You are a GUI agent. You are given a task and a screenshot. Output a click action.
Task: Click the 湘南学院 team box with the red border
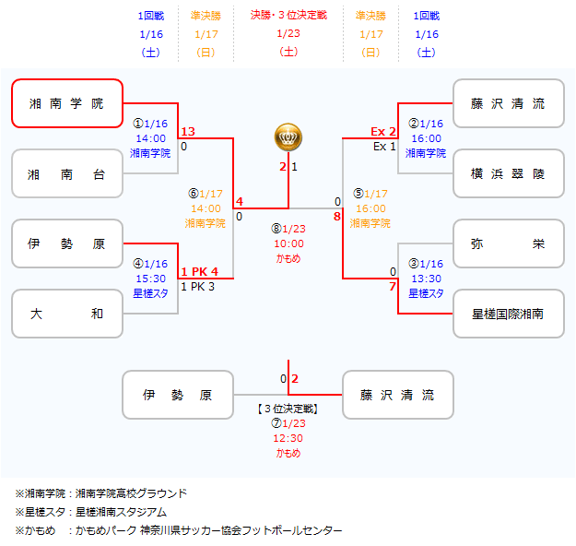coord(67,103)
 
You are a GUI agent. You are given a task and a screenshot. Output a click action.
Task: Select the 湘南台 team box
coord(67,173)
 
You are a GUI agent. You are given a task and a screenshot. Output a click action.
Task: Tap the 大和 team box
coord(67,314)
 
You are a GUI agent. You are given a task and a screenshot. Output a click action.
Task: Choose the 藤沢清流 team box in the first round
coord(508,103)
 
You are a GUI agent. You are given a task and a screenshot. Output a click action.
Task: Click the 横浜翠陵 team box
coord(508,173)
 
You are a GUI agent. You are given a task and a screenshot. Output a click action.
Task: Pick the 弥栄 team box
coord(508,243)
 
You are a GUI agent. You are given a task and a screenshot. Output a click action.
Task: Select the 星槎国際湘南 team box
coord(508,314)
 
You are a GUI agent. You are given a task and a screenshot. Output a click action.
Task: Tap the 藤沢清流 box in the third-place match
coord(398,395)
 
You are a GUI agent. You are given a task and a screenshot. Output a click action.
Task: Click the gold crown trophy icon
coord(288,137)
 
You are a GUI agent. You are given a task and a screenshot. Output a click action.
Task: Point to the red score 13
coord(188,132)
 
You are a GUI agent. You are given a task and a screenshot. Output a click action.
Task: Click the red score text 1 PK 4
coord(199,272)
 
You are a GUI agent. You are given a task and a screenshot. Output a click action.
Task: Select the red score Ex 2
coord(383,132)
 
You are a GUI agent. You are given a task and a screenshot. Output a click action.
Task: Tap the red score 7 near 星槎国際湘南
coord(393,286)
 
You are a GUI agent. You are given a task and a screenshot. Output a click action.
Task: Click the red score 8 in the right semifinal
coord(337,216)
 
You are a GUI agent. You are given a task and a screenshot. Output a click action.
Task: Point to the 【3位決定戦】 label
coord(288,409)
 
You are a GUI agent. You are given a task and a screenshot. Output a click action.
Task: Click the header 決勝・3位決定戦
coord(288,16)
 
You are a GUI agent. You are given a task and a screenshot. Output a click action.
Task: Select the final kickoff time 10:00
coord(288,243)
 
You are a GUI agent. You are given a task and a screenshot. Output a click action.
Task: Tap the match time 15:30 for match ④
coord(150,279)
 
